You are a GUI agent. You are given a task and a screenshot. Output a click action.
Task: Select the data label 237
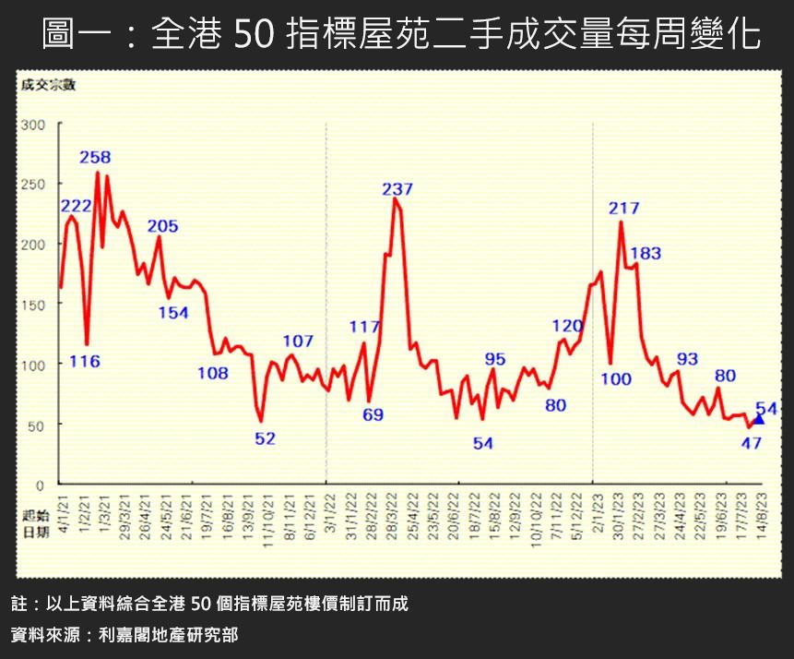(x=397, y=189)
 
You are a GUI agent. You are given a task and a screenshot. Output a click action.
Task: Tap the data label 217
(x=624, y=208)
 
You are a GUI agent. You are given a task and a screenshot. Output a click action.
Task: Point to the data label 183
(x=646, y=252)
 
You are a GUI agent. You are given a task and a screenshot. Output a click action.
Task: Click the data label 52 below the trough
(x=265, y=438)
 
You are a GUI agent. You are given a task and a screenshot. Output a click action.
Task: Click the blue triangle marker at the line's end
(x=759, y=419)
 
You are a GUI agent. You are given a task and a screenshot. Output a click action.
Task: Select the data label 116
(x=85, y=361)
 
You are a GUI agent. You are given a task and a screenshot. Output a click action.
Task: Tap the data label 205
(x=162, y=226)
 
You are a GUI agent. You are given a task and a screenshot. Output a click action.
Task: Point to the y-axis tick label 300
(x=32, y=125)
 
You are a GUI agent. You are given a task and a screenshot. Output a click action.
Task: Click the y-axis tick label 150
(x=32, y=305)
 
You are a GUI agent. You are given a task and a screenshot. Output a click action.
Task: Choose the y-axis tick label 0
(x=40, y=485)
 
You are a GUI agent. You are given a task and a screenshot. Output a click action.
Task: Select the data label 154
(x=172, y=312)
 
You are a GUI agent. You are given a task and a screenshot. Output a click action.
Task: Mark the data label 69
(x=373, y=414)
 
